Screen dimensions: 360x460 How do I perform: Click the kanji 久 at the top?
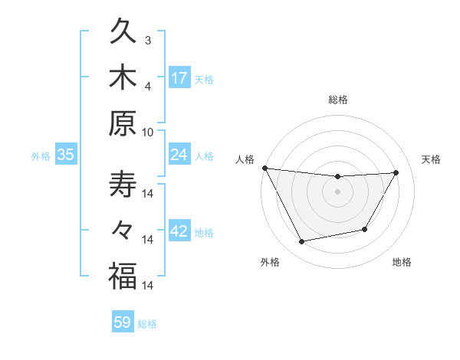[123, 34]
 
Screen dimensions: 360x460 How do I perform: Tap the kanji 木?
[123, 78]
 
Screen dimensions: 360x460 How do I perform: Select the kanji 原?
[123, 123]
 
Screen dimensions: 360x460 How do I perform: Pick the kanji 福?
[123, 277]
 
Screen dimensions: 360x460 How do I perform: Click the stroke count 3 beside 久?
[147, 40]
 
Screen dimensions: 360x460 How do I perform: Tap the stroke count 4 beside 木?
[147, 85]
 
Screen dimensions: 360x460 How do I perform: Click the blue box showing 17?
[179, 77]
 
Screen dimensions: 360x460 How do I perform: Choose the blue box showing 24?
[179, 155]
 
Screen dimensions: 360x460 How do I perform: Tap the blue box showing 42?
[179, 232]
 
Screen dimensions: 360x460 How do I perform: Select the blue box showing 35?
[66, 155]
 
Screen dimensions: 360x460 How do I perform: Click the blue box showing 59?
[123, 322]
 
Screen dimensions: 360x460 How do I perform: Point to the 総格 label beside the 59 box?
[147, 324]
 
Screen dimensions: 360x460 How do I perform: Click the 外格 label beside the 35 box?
[41, 156]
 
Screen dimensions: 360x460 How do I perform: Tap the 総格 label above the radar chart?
[337, 100]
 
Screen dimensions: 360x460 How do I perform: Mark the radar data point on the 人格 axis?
[264, 168]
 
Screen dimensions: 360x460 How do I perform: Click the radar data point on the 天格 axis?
[396, 172]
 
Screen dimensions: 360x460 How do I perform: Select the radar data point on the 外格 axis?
[302, 242]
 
